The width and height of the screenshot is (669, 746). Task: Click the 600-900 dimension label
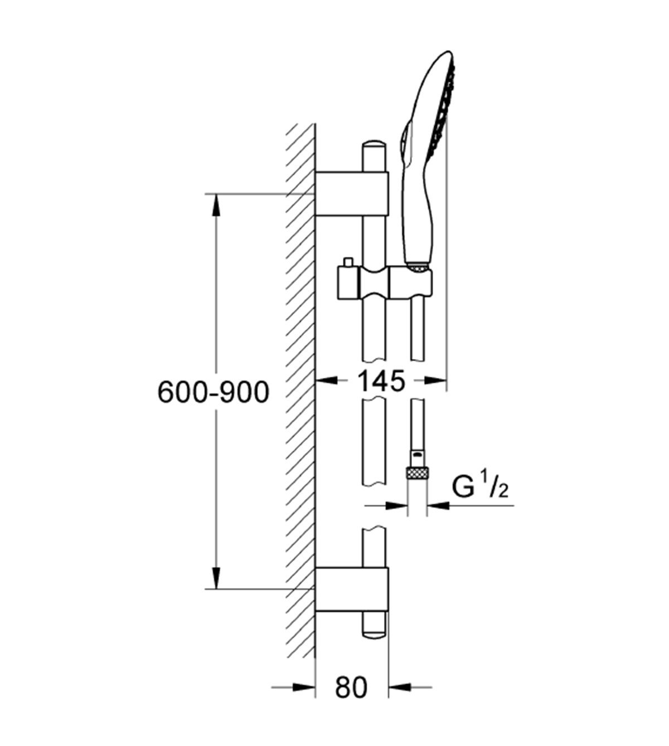[x=214, y=392]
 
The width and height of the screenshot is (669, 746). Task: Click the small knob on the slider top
[x=348, y=262]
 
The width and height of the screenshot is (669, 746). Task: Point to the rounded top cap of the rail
[x=374, y=144]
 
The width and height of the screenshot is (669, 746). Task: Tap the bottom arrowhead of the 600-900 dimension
[x=217, y=587]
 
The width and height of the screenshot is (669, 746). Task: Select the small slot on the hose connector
[x=416, y=456]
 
